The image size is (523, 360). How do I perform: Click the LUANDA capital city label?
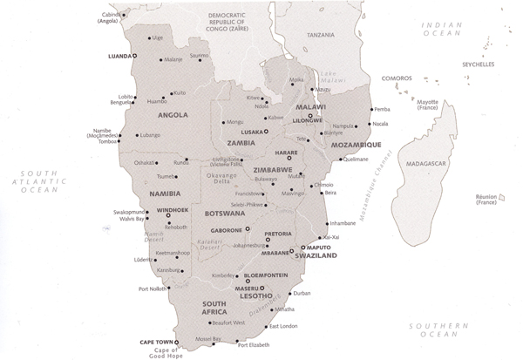pos(118,55)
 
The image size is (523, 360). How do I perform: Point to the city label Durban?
pos(302,294)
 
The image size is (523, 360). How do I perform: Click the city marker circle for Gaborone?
pos(248,228)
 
